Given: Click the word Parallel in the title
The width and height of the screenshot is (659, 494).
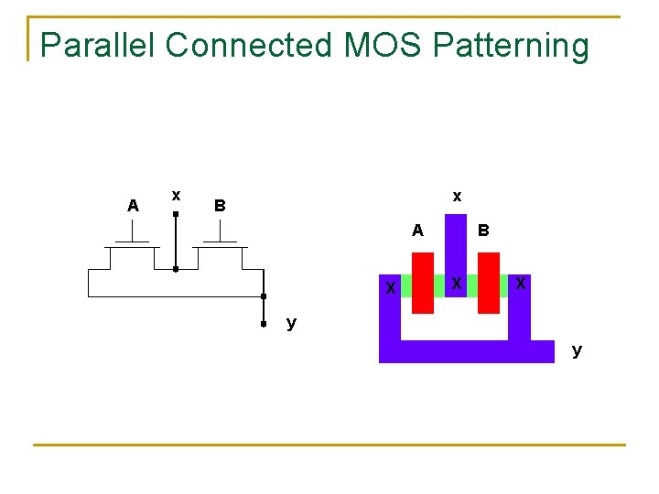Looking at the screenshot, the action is click(96, 45).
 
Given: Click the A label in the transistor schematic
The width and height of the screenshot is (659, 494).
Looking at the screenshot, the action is click(134, 206).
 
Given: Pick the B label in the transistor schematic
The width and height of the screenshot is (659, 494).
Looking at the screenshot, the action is click(219, 206).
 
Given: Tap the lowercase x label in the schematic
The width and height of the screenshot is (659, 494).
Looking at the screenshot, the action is click(176, 194).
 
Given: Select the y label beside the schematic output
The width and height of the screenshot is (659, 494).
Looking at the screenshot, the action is click(291, 322).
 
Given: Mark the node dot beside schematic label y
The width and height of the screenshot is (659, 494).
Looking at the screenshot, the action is click(264, 324).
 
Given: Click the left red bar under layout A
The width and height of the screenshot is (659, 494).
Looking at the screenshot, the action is click(423, 283).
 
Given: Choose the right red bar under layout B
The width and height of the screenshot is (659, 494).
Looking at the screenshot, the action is click(489, 283).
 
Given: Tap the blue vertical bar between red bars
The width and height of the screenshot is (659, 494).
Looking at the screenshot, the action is click(456, 247).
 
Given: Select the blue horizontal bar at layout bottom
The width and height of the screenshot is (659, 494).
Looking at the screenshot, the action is click(467, 351).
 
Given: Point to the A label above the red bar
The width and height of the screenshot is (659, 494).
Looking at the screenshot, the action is click(417, 231).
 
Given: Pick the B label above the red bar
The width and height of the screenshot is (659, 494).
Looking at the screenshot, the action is click(483, 231).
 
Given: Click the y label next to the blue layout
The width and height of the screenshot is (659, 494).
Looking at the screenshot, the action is click(577, 349).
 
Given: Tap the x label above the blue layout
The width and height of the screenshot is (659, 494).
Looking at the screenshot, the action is click(457, 196).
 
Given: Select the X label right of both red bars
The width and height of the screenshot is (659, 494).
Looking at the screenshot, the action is click(520, 284).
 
